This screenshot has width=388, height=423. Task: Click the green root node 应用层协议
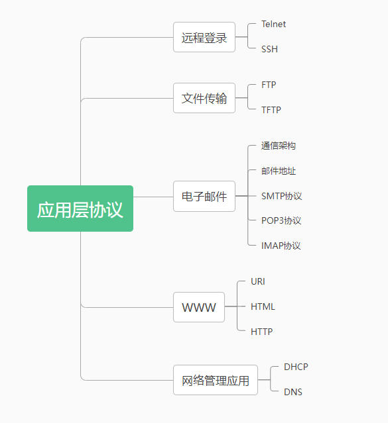click(x=80, y=209)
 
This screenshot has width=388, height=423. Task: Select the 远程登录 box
click(x=204, y=37)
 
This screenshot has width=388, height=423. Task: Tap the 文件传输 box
click(x=204, y=98)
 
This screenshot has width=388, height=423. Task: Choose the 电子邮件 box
click(x=204, y=196)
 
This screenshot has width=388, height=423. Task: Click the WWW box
click(x=199, y=307)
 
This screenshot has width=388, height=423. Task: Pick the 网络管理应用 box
click(x=216, y=380)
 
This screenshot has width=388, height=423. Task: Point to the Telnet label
click(x=273, y=24)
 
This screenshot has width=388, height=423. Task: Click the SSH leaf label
click(x=269, y=49)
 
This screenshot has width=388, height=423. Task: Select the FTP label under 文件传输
click(x=269, y=85)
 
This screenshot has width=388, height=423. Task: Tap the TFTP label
click(x=271, y=110)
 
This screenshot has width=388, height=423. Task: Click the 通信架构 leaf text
click(x=279, y=146)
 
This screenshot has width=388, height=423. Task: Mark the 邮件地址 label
click(x=279, y=171)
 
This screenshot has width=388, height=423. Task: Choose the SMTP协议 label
click(x=281, y=196)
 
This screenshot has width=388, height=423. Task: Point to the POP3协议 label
click(x=281, y=220)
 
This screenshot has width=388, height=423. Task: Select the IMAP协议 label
click(x=281, y=246)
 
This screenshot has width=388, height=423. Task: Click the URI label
click(x=258, y=281)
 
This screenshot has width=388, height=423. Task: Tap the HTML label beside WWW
click(x=263, y=306)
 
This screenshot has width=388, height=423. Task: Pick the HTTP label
click(x=262, y=332)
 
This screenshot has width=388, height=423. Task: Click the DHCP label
click(x=296, y=367)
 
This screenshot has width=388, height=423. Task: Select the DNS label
click(x=293, y=392)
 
